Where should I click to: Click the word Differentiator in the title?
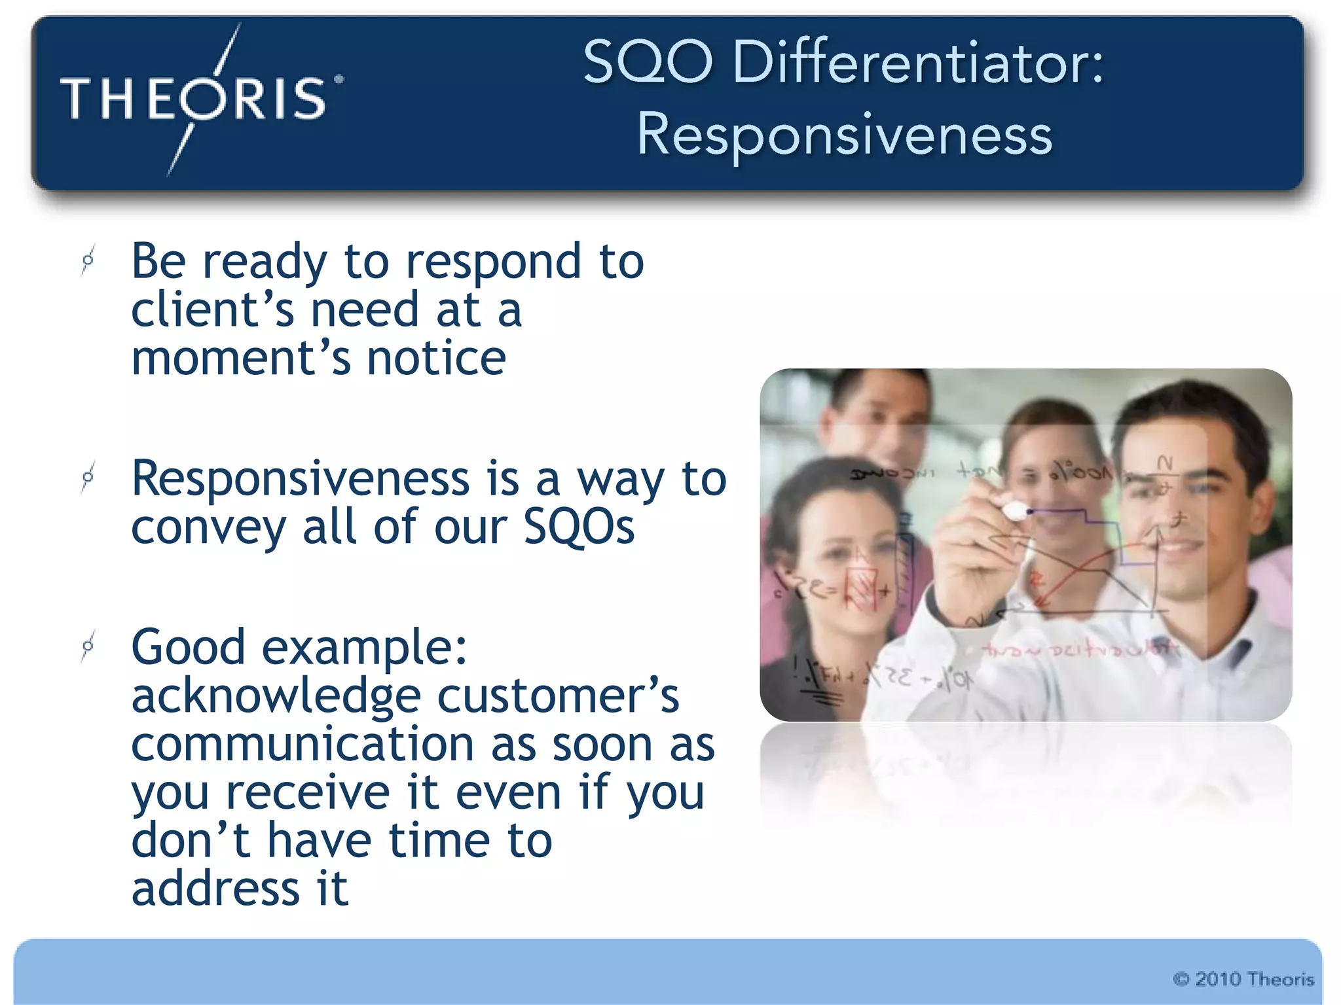(917, 63)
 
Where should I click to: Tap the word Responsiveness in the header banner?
(845, 135)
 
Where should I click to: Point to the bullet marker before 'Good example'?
(88, 646)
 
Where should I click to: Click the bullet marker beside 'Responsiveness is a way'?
(88, 478)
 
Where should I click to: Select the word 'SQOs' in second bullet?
(579, 527)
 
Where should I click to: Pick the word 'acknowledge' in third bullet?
(276, 696)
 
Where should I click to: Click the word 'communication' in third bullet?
(303, 745)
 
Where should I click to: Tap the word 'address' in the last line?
(215, 889)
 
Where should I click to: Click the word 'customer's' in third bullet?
(558, 696)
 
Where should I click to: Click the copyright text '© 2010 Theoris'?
(1243, 979)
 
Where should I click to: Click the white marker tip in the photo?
(1016, 511)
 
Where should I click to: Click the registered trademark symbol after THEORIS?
(339, 79)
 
